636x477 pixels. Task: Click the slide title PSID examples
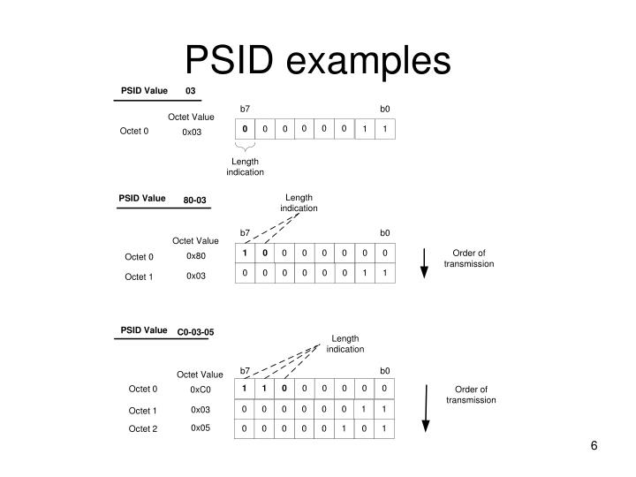pos(317,59)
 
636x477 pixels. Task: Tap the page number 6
pos(594,445)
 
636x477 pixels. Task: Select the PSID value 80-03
pos(195,201)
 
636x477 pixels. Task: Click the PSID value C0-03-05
pos(195,332)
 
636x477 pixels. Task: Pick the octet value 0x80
pos(195,256)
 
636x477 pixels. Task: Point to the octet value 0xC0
pos(201,389)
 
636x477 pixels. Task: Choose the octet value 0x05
pos(201,428)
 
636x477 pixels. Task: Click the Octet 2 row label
pos(142,428)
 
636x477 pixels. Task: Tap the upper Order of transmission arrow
pos(424,262)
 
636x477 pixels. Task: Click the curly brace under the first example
pos(245,149)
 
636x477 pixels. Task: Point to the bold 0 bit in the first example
pos(246,130)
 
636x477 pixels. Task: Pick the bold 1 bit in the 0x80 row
pos(245,254)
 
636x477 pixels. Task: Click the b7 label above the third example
pos(246,370)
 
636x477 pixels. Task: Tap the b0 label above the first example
pos(385,109)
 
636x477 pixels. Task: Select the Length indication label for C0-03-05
pos(344,344)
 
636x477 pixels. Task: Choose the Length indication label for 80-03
pos(299,202)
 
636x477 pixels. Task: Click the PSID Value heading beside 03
pos(144,90)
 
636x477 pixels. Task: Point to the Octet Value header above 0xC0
pos(200,375)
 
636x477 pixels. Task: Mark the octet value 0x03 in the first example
pos(192,132)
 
